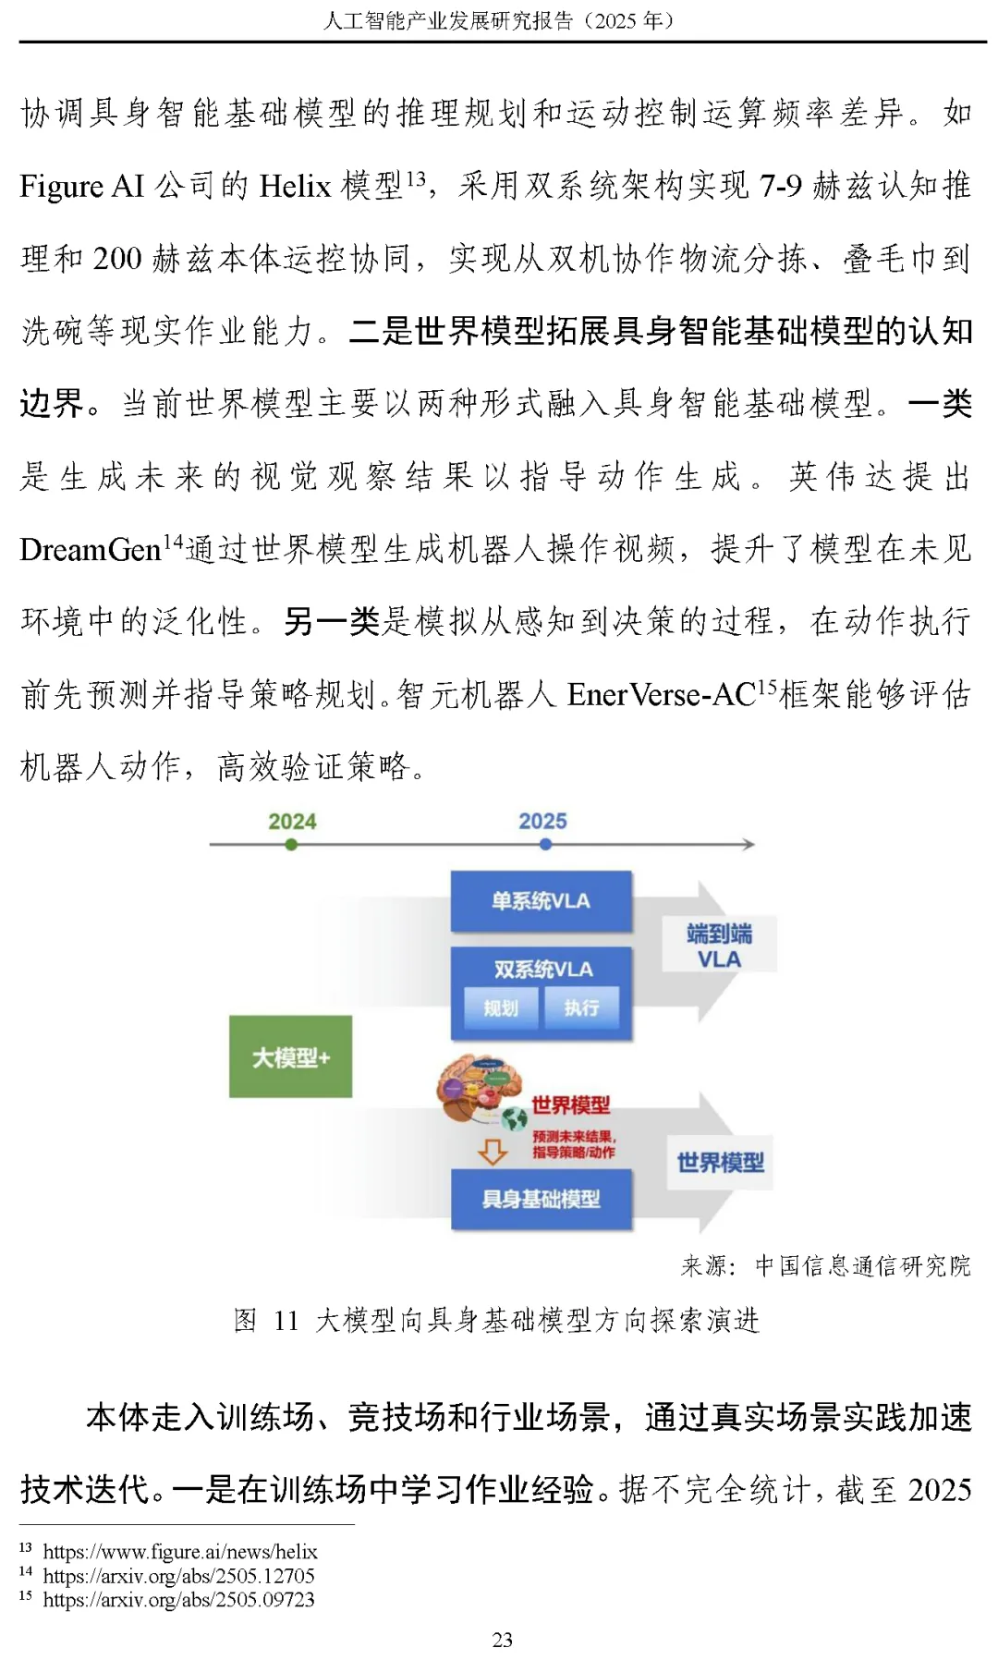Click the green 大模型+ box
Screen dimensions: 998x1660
tap(290, 1056)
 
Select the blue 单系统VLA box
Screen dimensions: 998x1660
tap(542, 901)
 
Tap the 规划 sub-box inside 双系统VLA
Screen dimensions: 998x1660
tap(501, 1007)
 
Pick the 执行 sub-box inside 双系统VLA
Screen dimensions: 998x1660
tap(581, 1007)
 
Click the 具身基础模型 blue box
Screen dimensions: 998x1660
tap(542, 1200)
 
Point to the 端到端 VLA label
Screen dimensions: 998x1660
tap(719, 946)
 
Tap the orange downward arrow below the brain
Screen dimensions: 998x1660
tap(492, 1152)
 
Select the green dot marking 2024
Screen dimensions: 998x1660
tap(292, 845)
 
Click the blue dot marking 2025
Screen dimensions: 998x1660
tap(545, 845)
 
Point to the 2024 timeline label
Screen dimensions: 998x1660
tap(292, 821)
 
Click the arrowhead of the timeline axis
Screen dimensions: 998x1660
tap(748, 845)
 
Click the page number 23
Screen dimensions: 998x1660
tap(502, 1639)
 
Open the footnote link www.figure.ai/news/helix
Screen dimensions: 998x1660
tap(180, 1552)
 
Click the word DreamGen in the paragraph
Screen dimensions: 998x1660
tap(91, 550)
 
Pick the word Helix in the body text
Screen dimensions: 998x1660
tap(295, 187)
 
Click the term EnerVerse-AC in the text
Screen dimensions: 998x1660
tap(662, 695)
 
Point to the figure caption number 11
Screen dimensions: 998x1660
tap(286, 1320)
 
